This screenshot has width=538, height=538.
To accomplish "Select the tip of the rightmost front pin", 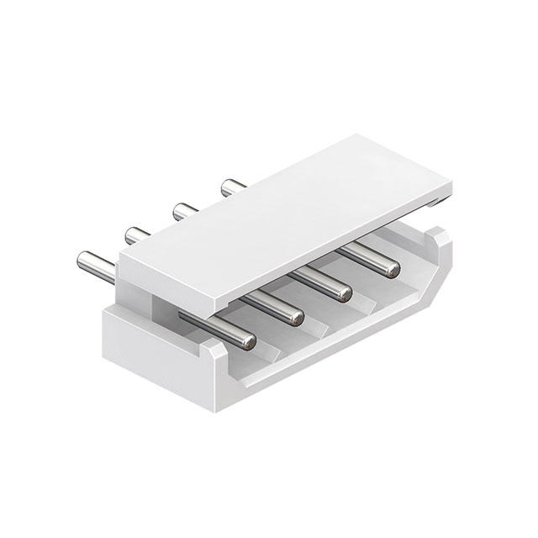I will (x=390, y=268).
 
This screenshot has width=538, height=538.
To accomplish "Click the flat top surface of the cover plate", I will (x=286, y=210).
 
